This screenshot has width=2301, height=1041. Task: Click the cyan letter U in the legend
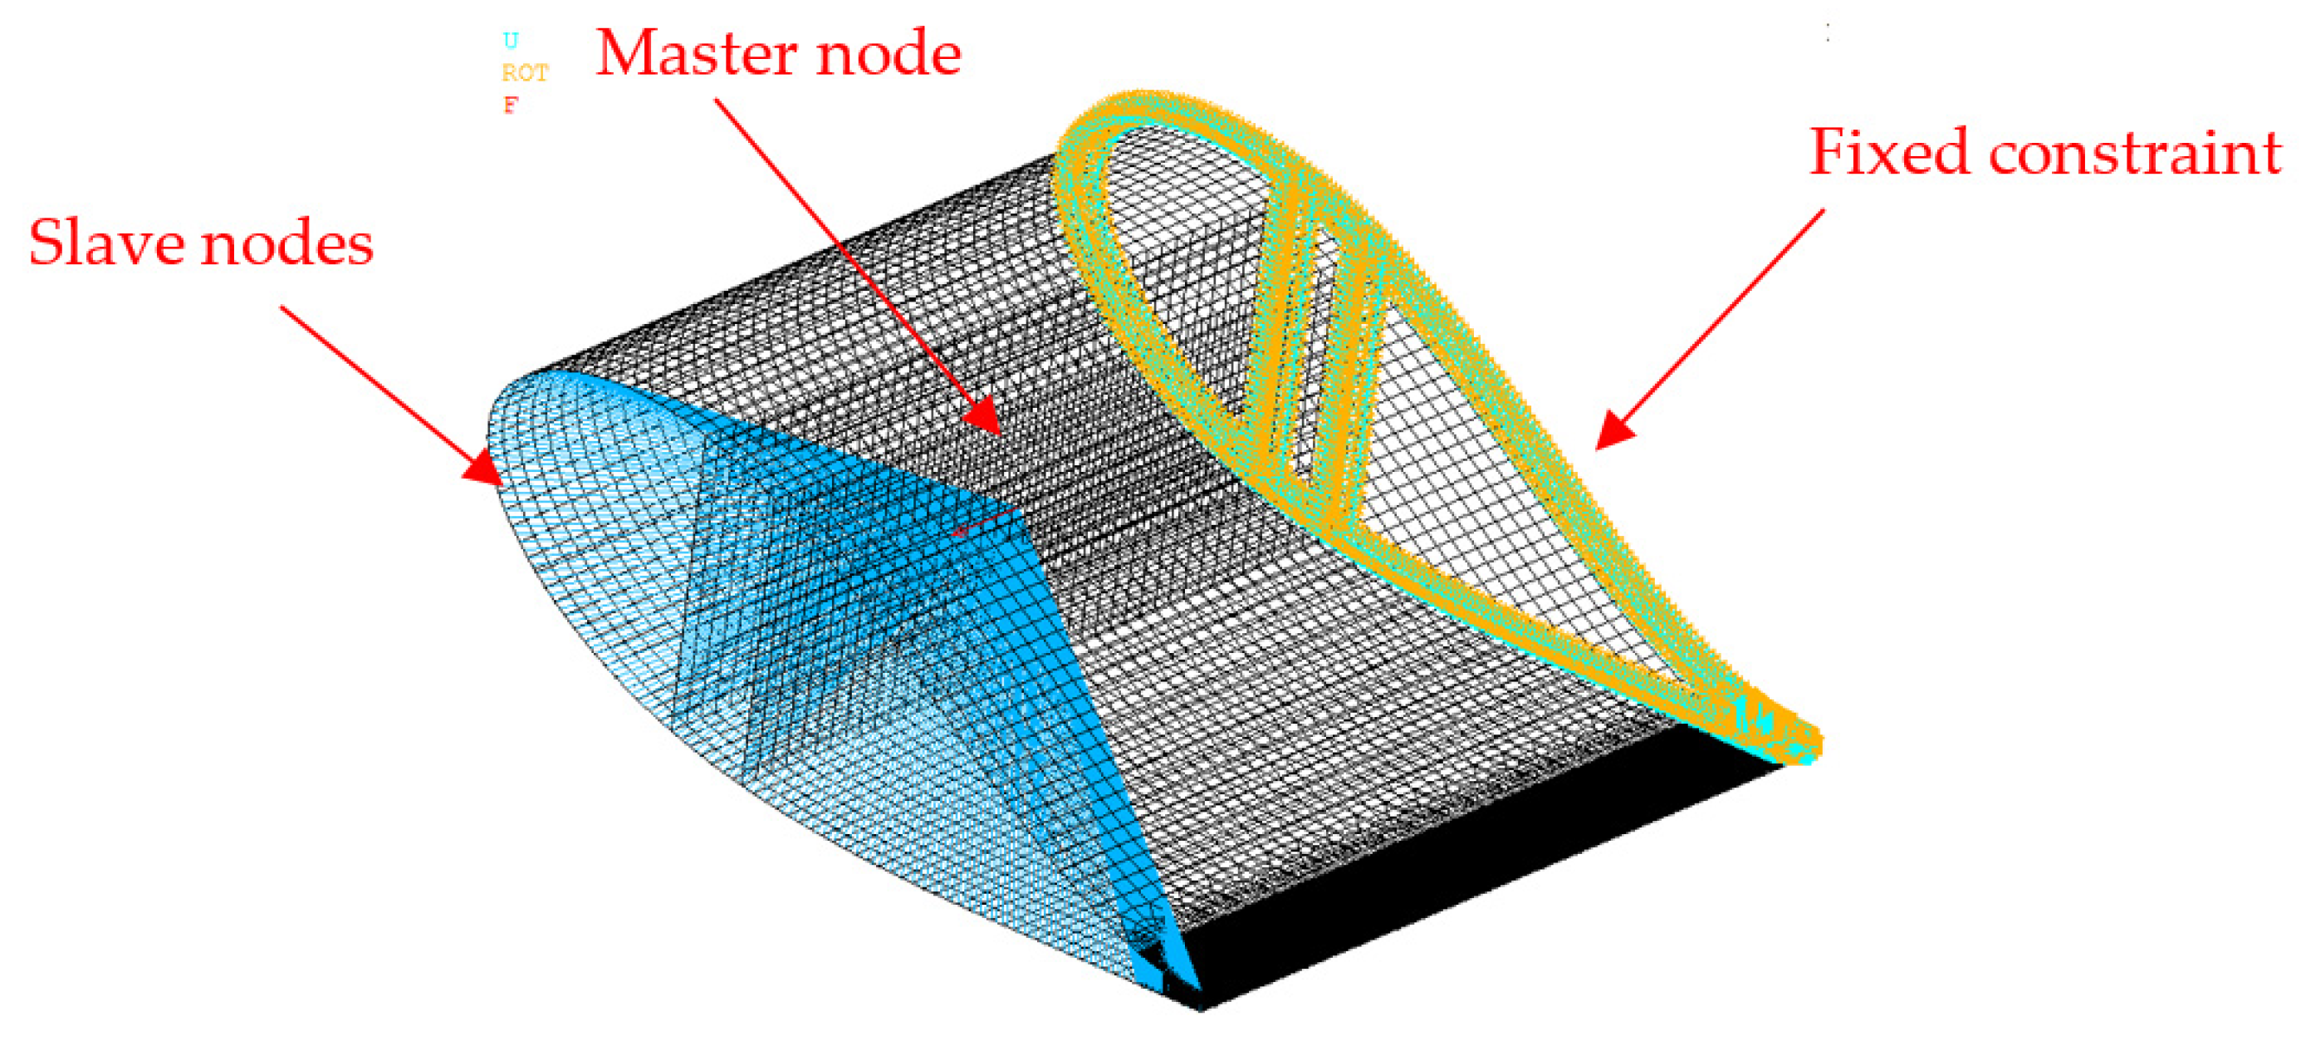[x=510, y=40]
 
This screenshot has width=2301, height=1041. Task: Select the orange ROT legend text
[x=524, y=72]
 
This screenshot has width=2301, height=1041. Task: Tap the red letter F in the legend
[x=510, y=106]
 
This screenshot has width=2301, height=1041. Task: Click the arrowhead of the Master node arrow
[x=985, y=417]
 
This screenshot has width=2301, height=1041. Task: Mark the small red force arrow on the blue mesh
[x=982, y=522]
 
